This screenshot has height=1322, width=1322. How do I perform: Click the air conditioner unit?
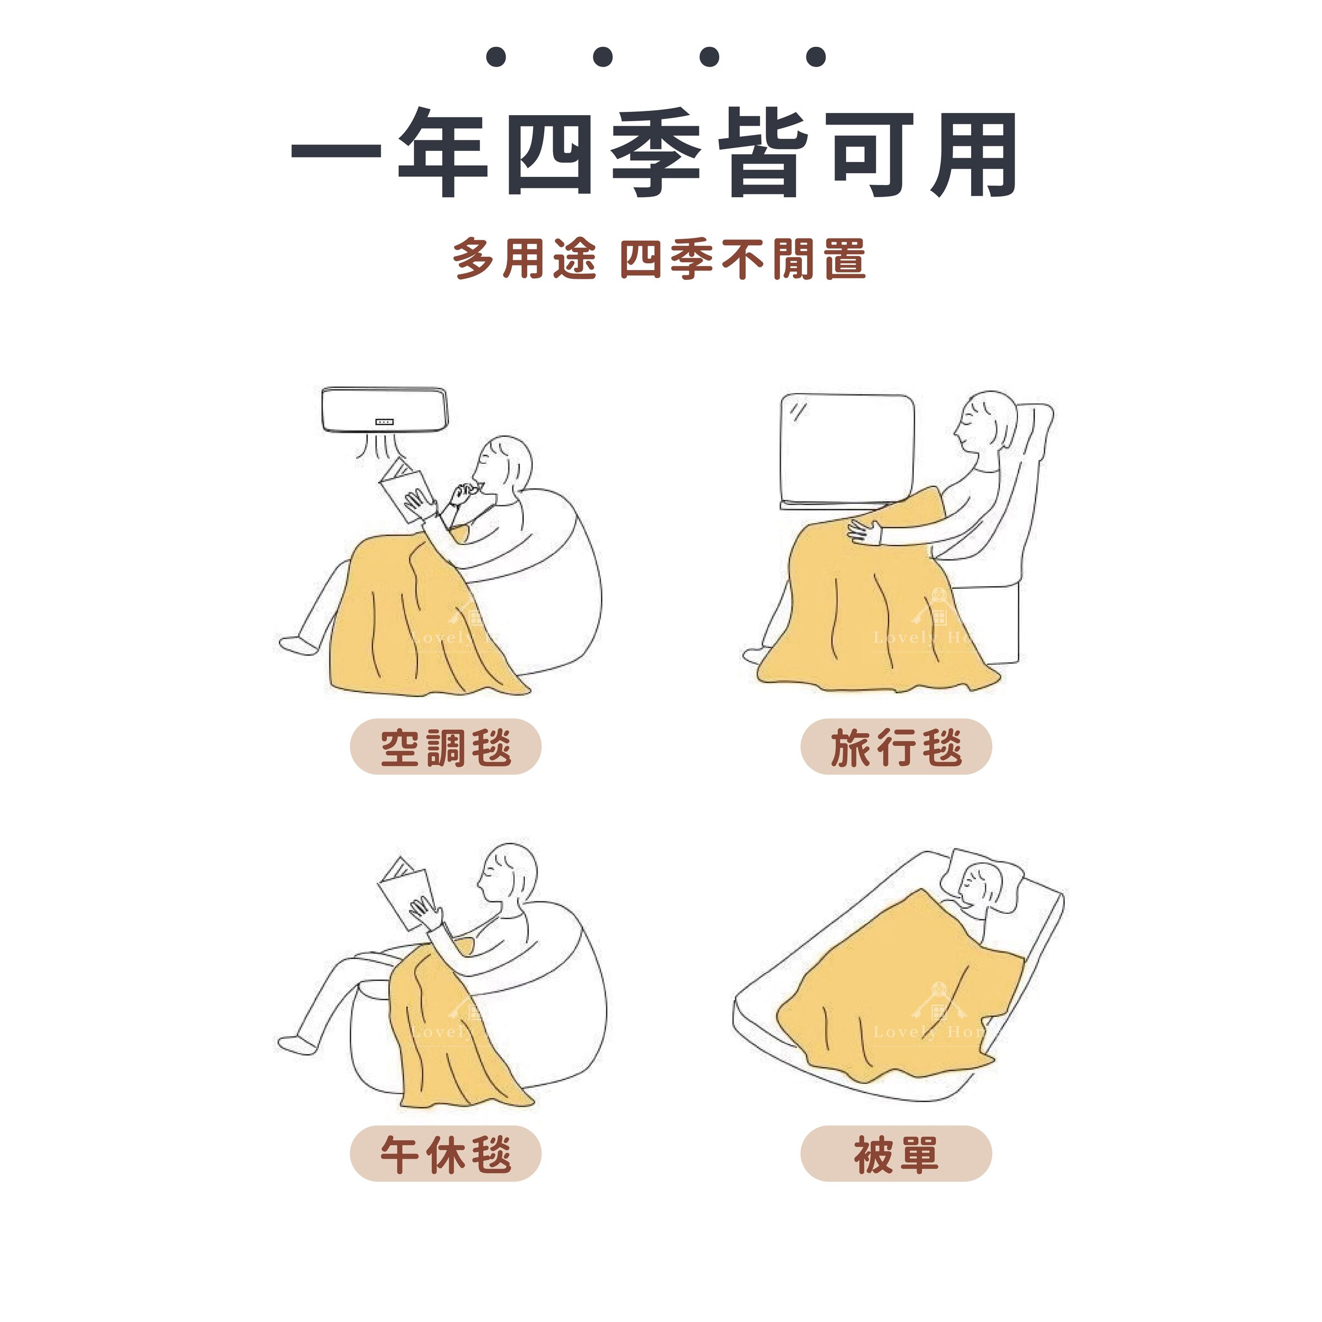[x=384, y=410]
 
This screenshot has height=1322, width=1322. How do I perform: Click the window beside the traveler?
[x=847, y=448]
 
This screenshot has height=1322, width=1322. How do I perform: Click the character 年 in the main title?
[x=442, y=154]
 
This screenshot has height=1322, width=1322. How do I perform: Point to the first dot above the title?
[x=496, y=57]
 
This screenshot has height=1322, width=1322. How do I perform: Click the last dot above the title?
[x=816, y=57]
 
